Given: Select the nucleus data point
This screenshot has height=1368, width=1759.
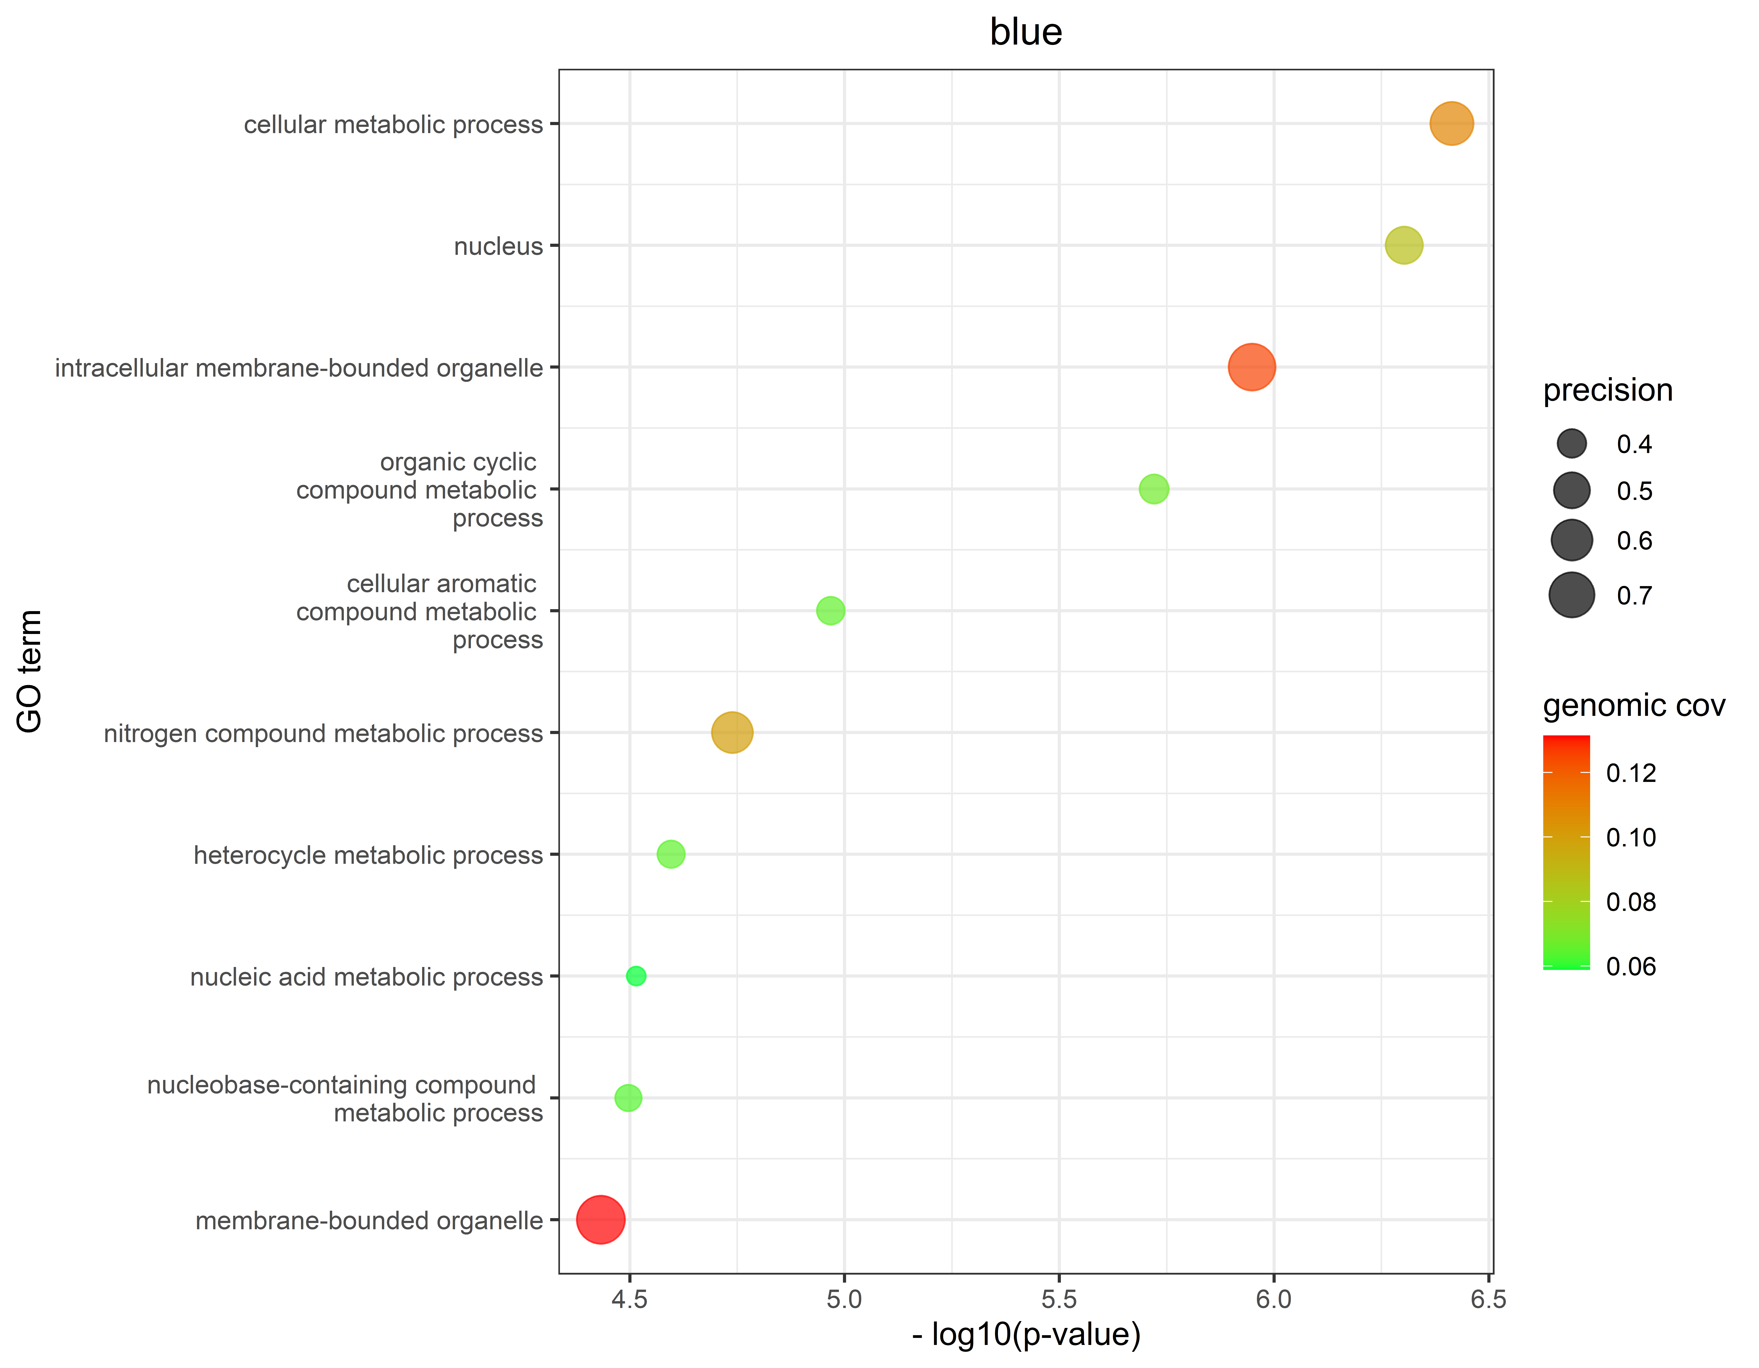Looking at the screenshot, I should tap(1404, 245).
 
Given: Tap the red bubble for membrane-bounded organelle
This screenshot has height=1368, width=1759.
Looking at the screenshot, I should tap(600, 1219).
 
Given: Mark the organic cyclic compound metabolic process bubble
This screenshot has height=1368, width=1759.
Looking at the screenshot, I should tap(1153, 489).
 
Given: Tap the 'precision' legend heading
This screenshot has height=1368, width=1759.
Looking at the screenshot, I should tap(1608, 390).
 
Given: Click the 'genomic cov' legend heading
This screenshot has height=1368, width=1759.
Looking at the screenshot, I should tap(1633, 705).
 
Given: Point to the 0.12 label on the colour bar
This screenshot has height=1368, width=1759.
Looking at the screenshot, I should tap(1631, 773).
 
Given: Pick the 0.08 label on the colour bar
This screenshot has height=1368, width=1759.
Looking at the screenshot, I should tap(1631, 902).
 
